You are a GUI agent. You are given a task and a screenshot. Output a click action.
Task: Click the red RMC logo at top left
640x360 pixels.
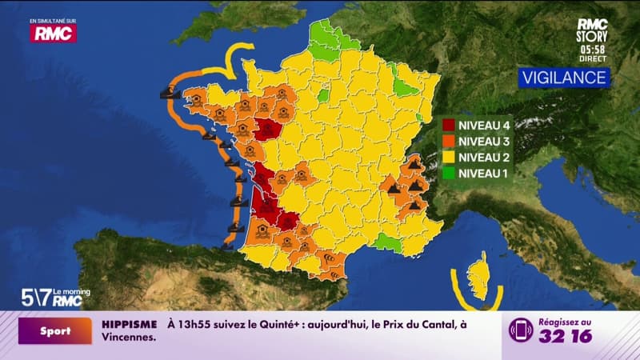click(x=54, y=34)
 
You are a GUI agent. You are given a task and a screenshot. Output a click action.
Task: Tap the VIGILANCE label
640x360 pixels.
click(x=564, y=78)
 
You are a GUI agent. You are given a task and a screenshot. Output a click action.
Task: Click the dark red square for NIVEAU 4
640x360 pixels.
click(x=449, y=125)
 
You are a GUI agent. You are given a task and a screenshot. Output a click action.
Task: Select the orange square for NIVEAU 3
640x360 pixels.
click(x=449, y=141)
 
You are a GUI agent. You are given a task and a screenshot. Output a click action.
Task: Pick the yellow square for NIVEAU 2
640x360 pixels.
click(x=449, y=157)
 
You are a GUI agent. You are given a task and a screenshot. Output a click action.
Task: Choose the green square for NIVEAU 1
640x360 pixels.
click(x=449, y=173)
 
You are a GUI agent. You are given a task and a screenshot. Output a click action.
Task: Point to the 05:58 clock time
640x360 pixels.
click(x=593, y=48)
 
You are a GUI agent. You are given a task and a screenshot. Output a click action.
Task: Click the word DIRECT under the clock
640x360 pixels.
click(x=593, y=59)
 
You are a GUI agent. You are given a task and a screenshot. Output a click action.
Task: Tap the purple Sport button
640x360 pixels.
click(x=55, y=330)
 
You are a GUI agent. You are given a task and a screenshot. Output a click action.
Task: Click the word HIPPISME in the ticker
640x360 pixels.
click(x=129, y=324)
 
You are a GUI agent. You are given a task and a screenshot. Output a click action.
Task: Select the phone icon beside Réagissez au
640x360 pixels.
click(x=521, y=330)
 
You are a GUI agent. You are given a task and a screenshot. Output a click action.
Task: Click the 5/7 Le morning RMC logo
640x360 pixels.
click(x=51, y=297)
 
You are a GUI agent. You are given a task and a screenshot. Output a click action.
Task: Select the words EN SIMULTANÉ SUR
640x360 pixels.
click(x=52, y=20)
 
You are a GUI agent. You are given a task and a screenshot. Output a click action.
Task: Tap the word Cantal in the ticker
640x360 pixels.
click(x=433, y=324)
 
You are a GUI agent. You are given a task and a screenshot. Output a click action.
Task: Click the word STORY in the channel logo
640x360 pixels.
click(x=593, y=36)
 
